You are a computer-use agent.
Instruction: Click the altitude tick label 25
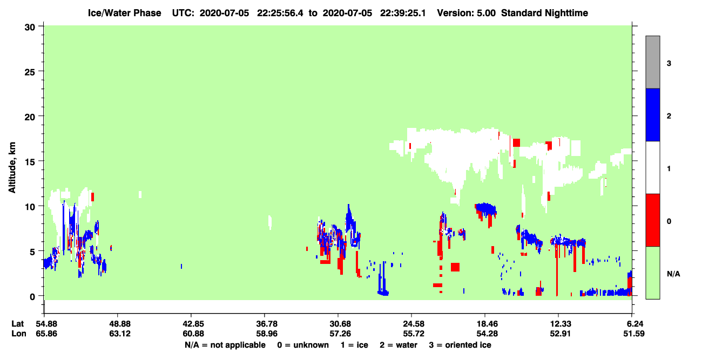click(30, 72)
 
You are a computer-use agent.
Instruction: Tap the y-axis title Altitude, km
click(12, 168)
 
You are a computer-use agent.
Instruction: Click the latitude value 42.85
click(193, 324)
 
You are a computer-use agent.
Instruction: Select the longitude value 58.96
click(267, 334)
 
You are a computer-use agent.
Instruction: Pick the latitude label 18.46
click(487, 324)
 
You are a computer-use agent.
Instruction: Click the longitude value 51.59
click(633, 334)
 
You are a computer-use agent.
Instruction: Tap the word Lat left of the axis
click(17, 324)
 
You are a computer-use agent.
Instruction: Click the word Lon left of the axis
click(19, 334)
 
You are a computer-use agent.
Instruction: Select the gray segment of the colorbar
click(653, 62)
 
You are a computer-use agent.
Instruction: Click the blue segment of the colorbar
click(653, 114)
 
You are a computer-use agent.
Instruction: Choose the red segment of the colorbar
click(653, 220)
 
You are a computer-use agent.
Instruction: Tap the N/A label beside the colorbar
click(673, 274)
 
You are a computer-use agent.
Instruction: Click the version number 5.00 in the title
click(485, 13)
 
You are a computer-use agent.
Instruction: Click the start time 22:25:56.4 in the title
click(280, 13)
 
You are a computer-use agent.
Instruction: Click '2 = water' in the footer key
click(399, 345)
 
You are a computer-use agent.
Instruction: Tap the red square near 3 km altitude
click(455, 267)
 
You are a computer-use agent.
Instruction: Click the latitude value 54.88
click(46, 324)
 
